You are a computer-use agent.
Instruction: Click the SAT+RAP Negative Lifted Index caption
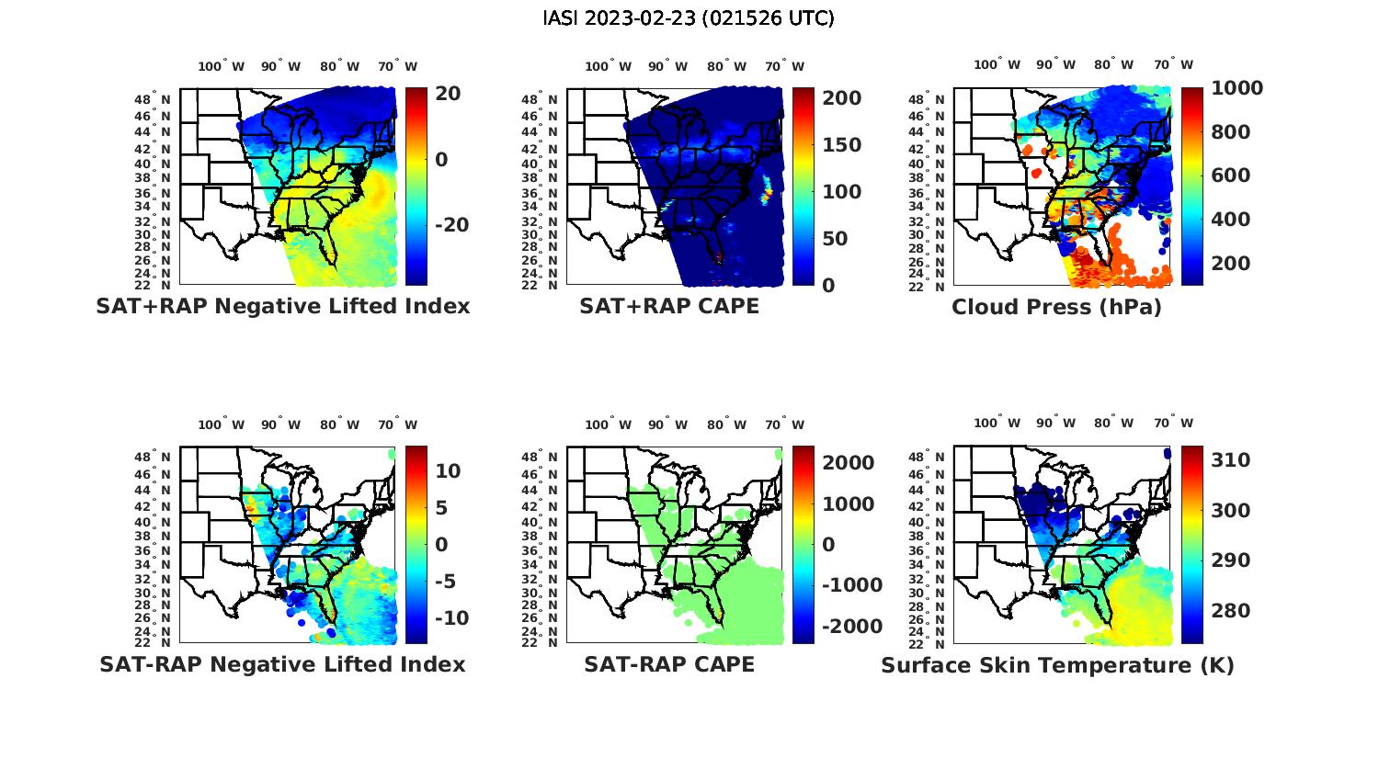point(282,306)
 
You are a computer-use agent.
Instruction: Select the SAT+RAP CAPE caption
point(669,306)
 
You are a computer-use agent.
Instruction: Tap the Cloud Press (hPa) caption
point(1056,307)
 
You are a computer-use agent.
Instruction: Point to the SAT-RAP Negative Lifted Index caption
point(282,664)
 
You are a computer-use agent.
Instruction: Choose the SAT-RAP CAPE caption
point(669,664)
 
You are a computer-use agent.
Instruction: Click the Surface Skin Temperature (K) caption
point(1057,665)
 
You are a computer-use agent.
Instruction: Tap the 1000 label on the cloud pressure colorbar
point(1237,88)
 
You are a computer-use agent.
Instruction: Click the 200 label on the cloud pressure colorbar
point(1231,264)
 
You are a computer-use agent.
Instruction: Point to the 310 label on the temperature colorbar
point(1231,460)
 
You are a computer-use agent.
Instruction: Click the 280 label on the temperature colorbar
point(1231,611)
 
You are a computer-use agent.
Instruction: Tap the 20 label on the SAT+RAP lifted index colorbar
point(449,94)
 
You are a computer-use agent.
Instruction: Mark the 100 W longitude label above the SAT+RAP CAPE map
point(608,66)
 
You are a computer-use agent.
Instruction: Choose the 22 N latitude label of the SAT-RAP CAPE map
point(540,643)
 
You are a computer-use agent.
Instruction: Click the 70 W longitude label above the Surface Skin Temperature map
point(1173,424)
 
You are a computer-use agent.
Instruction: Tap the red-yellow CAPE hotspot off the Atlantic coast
point(767,192)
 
